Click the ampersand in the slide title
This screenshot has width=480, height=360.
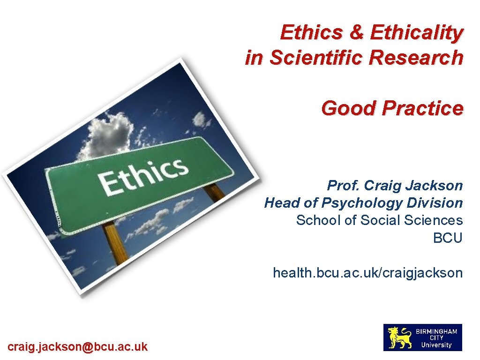point(357,33)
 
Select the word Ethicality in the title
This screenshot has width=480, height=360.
point(416,33)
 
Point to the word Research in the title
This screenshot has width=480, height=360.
point(423,58)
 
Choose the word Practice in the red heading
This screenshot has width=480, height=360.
point(422,108)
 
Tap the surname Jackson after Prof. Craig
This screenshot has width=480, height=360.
point(435,186)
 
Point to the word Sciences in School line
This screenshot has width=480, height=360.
point(436,220)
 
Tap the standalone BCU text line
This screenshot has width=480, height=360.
point(448,237)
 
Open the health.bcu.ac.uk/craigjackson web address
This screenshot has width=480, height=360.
point(367,272)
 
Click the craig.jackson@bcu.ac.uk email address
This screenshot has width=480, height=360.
point(77,347)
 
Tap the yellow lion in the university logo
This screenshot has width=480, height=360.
point(399,337)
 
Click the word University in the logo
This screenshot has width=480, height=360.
point(436,345)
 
